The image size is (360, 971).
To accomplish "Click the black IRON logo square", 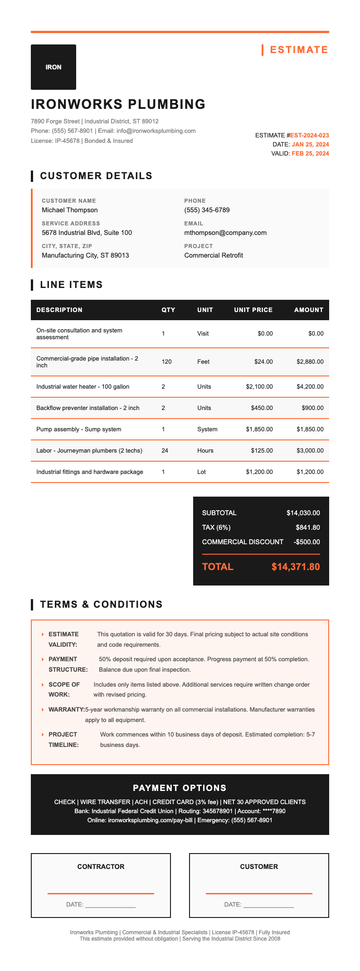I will pos(54,67).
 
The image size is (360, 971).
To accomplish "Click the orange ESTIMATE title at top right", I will pos(299,50).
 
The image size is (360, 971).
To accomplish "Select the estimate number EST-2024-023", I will pos(309,135).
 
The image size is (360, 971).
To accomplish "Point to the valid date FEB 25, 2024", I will pos(310,153).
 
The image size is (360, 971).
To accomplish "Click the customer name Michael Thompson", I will pos(69,210).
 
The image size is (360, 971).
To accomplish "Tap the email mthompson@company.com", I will pos(225,233).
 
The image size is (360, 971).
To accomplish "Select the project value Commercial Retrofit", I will pos(214,255).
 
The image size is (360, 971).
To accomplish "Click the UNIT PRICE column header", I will pos(253,310).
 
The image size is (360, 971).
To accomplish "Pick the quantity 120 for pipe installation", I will pos(166,362).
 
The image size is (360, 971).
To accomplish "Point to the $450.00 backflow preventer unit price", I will pos(262,408).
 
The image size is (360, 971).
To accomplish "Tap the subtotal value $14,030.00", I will pos(303,513).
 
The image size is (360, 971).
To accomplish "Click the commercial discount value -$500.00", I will pos(306,542).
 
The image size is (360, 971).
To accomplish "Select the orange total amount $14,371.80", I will pos(296,567).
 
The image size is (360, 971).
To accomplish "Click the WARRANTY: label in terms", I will pos(66,709).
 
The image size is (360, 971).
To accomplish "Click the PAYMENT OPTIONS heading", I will pos(180,788).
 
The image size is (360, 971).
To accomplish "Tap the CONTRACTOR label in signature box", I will pos(101,867).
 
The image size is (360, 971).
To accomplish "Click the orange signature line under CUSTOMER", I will pos(259,893).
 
